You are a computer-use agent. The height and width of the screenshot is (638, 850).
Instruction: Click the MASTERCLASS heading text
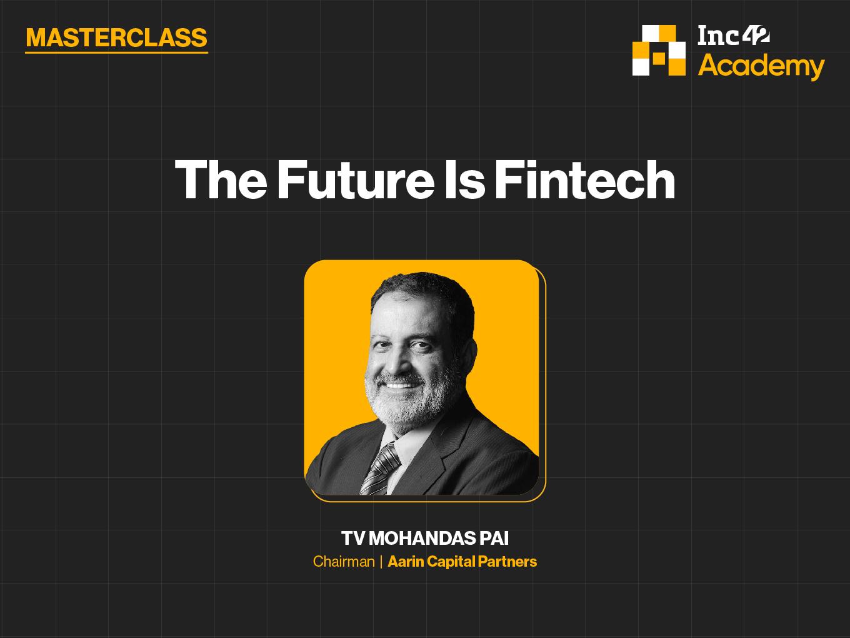tap(116, 38)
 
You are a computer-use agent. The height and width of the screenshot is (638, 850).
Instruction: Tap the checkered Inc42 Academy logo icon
tap(659, 51)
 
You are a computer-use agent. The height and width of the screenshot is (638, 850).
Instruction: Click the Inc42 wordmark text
tap(734, 35)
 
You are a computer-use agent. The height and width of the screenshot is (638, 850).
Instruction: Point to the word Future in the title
tap(356, 180)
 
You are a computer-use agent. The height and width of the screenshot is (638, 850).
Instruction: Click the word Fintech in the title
tap(585, 180)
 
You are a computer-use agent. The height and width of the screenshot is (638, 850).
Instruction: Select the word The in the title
tap(221, 180)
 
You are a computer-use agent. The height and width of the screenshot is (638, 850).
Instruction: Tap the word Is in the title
tap(465, 180)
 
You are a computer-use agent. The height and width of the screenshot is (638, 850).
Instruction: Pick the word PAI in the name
tap(494, 539)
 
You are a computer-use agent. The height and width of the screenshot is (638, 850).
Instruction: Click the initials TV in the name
tap(352, 539)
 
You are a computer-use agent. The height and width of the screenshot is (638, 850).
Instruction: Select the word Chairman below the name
tap(344, 562)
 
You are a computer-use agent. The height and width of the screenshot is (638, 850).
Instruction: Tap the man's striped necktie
tap(381, 470)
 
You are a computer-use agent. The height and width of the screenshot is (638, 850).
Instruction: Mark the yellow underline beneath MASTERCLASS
tap(116, 52)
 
